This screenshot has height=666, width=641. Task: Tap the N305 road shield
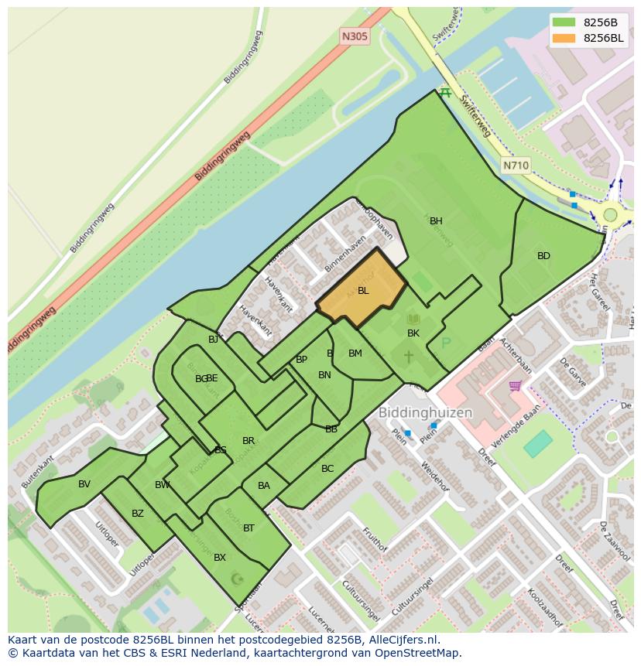[355, 36]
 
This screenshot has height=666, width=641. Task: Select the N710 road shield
[516, 166]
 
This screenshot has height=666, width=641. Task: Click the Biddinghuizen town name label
[425, 413]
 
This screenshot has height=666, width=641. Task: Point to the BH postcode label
[436, 221]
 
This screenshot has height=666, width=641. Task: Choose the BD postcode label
[543, 256]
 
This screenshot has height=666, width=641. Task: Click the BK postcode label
[413, 333]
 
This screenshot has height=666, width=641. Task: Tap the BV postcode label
[84, 484]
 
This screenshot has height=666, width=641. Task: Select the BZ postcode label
[138, 514]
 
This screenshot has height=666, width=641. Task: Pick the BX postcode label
[220, 558]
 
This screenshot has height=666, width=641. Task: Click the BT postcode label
[249, 528]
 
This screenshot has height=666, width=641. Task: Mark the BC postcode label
[327, 469]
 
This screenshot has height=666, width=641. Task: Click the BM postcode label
[355, 353]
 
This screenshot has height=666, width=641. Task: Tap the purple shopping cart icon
[515, 385]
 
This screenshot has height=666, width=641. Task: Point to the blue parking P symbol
[446, 343]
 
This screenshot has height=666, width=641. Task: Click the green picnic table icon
[444, 93]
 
